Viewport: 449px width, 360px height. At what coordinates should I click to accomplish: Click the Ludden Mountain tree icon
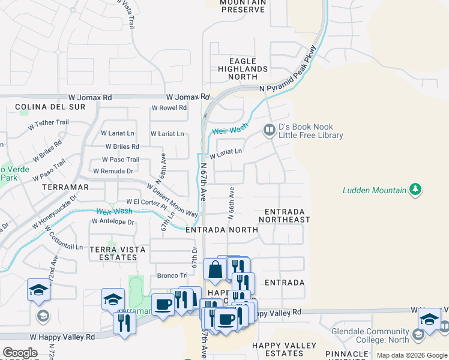(x=415, y=190)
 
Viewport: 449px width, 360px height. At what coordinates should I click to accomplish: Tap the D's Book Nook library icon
(x=269, y=130)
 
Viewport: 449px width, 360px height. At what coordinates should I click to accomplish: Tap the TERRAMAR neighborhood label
(x=65, y=187)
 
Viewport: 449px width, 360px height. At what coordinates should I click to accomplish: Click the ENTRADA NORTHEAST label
(x=285, y=216)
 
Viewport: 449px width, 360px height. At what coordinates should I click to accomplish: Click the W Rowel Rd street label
(x=169, y=108)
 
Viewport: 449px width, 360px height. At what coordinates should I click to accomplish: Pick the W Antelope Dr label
(x=113, y=221)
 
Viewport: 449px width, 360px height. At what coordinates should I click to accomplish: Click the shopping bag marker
(x=215, y=269)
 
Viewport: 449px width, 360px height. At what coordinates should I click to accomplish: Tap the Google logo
(x=20, y=353)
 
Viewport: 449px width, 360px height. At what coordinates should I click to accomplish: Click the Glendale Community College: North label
(x=370, y=335)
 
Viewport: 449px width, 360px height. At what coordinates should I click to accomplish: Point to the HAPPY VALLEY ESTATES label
(x=285, y=350)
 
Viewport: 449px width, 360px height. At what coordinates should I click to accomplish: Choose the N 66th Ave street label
(x=231, y=202)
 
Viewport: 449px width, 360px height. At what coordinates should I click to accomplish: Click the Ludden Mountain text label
(x=374, y=191)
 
